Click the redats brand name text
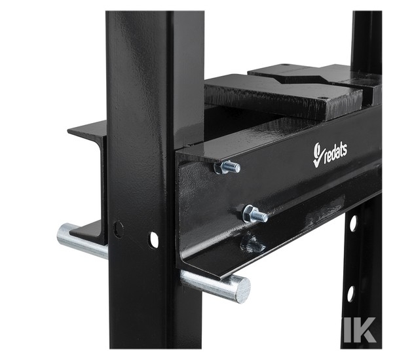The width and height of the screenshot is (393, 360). (x=335, y=153)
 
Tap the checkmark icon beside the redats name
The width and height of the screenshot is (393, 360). (x=317, y=155)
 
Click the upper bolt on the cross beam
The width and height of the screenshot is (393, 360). (x=227, y=167)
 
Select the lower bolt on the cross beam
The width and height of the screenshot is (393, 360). (x=255, y=213)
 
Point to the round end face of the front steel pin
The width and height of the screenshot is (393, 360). (x=242, y=289)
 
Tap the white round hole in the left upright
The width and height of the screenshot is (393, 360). (x=155, y=240)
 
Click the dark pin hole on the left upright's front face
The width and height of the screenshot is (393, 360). (x=118, y=229)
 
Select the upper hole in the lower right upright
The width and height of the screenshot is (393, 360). (x=353, y=223)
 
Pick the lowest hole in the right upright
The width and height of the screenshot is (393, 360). (x=350, y=294)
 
